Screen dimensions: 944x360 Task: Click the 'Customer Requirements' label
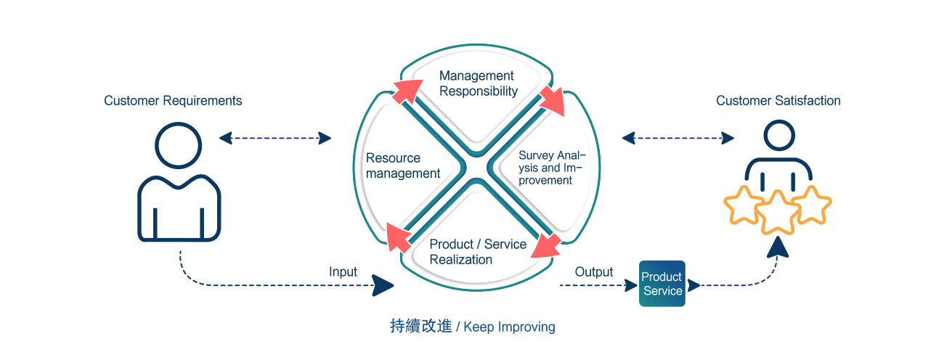pyautogui.click(x=173, y=101)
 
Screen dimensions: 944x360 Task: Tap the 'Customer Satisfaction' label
pyautogui.click(x=778, y=101)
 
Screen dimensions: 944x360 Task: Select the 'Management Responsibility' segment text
pyautogui.click(x=479, y=83)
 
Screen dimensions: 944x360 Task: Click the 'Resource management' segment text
pyautogui.click(x=403, y=165)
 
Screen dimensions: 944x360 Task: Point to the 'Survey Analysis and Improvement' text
pyautogui.click(x=552, y=168)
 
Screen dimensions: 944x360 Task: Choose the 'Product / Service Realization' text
pyautogui.click(x=478, y=252)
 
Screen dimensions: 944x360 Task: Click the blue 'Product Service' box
pyautogui.click(x=662, y=283)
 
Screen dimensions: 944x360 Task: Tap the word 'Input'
pyautogui.click(x=343, y=271)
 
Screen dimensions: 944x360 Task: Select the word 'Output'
pyautogui.click(x=594, y=271)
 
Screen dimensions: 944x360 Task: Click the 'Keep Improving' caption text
pyautogui.click(x=509, y=327)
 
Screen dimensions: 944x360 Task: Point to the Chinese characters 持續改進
pyautogui.click(x=420, y=326)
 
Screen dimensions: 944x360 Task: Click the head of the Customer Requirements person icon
pyautogui.click(x=178, y=145)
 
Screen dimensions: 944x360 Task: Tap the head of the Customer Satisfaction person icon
pyautogui.click(x=779, y=136)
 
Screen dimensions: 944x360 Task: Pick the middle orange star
pyautogui.click(x=778, y=213)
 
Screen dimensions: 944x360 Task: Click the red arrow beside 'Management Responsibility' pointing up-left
pyautogui.click(x=407, y=91)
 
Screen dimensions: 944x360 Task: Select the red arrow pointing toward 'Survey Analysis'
pyautogui.click(x=553, y=101)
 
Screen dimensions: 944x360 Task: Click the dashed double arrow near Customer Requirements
pyautogui.click(x=275, y=138)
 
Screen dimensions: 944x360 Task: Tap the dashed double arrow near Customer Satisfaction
pyautogui.click(x=678, y=138)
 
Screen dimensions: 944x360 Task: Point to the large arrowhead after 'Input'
pyautogui.click(x=383, y=285)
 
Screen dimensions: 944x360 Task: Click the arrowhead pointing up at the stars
pyautogui.click(x=778, y=247)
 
